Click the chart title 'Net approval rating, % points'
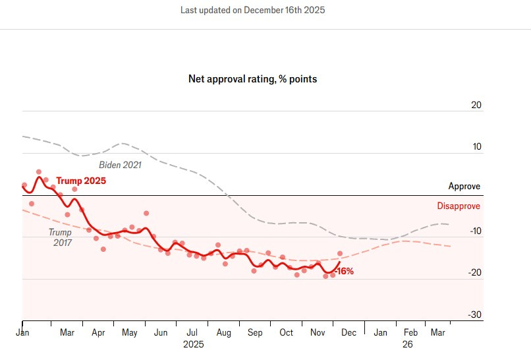click(x=252, y=79)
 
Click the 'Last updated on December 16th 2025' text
click(x=252, y=11)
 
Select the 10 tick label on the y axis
click(x=476, y=147)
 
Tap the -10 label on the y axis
click(x=475, y=231)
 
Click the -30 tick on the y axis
click(x=475, y=315)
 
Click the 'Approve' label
click(x=464, y=187)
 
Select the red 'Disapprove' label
click(x=459, y=206)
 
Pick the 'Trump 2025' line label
click(x=80, y=181)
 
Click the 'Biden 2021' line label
click(x=120, y=165)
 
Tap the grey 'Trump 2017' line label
click(x=60, y=237)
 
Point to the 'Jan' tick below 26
click(x=380, y=333)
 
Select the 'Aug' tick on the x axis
click(x=225, y=333)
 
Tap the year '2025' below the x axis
click(x=194, y=344)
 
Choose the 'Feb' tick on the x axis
click(x=410, y=333)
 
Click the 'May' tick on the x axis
click(x=129, y=333)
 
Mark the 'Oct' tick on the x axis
click(x=287, y=333)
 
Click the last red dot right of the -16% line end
click(x=340, y=253)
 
